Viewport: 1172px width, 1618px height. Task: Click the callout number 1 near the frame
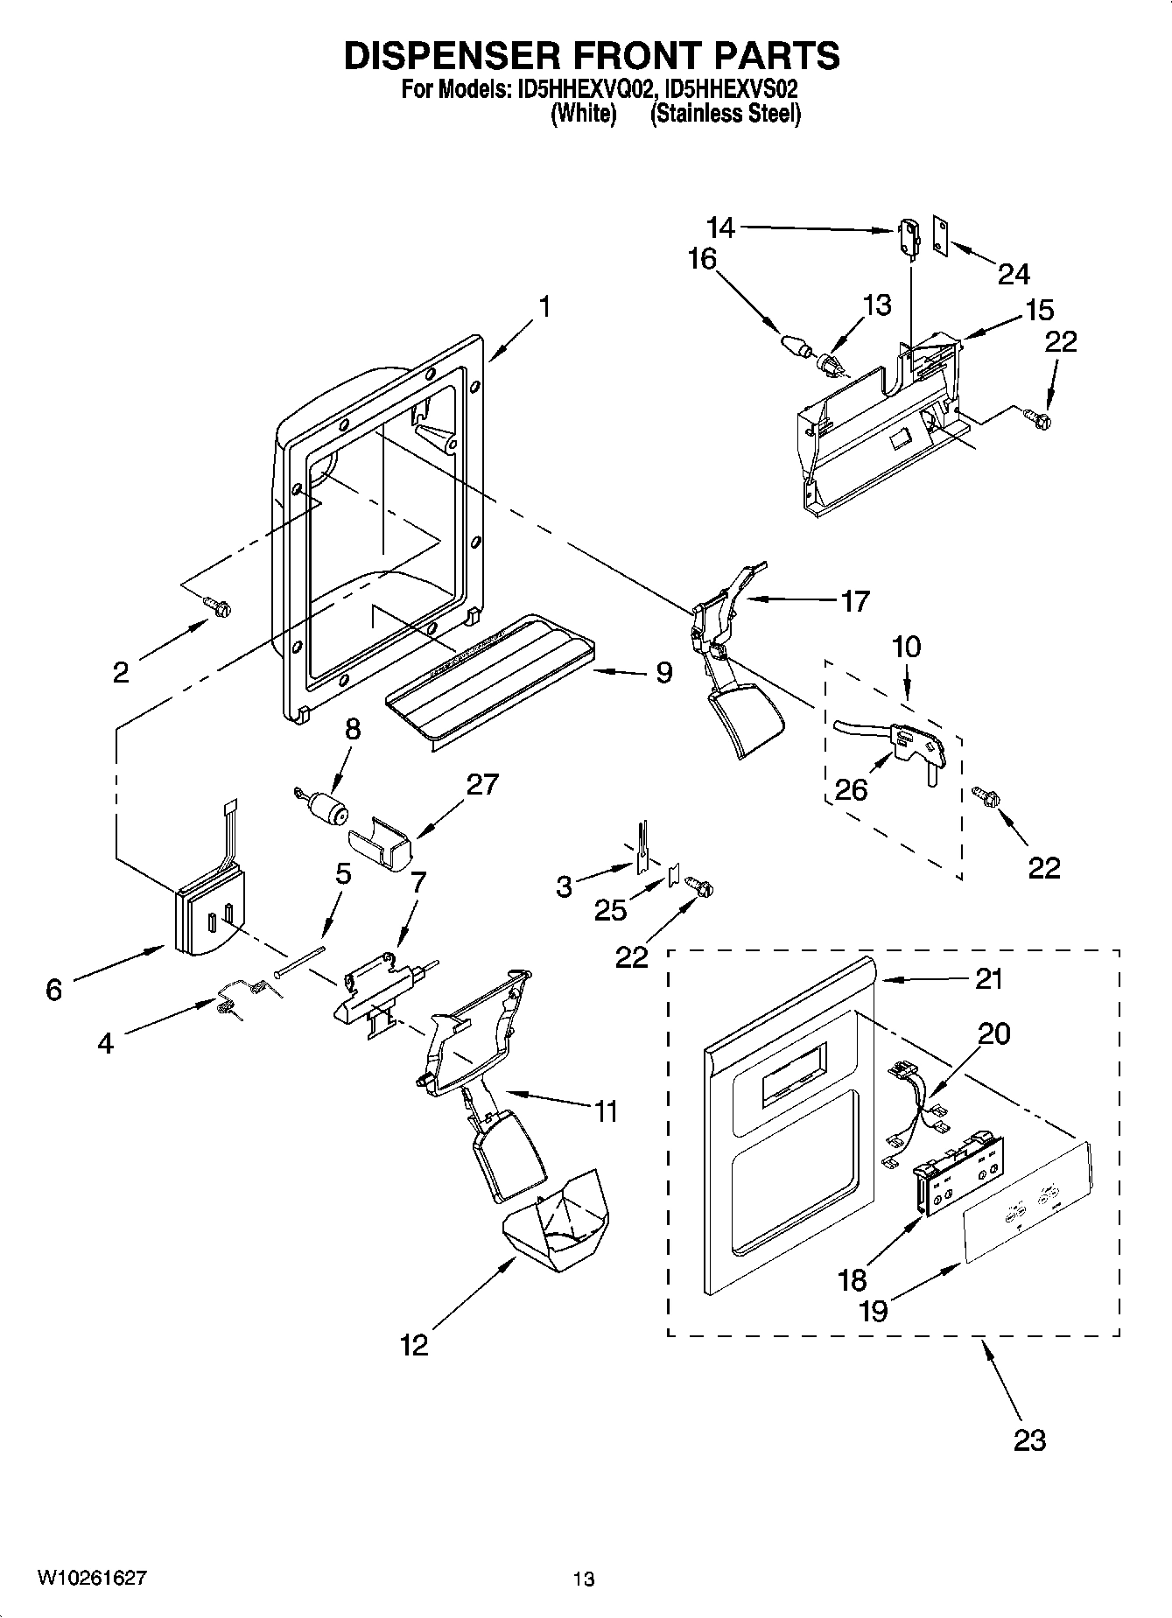[544, 307]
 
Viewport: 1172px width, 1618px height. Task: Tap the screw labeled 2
[216, 605]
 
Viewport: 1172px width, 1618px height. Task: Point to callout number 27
[482, 784]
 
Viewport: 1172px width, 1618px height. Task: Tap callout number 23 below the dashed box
[1028, 1439]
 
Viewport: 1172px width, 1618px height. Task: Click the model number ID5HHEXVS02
[731, 89]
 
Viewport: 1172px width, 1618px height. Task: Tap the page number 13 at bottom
[584, 1579]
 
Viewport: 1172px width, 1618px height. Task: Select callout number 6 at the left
[53, 989]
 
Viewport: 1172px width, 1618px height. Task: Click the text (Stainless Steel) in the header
[725, 113]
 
